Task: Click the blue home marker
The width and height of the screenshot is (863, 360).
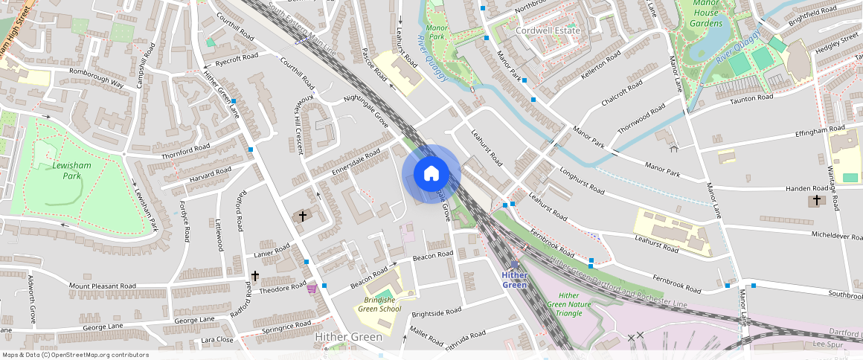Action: click(x=431, y=174)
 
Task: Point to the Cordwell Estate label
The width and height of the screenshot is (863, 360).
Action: click(x=548, y=30)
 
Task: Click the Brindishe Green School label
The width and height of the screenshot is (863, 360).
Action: click(x=379, y=305)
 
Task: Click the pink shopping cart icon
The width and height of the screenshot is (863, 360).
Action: click(x=312, y=288)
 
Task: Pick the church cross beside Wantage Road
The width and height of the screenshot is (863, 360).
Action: click(x=816, y=201)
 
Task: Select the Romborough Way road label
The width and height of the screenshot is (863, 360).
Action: click(x=96, y=77)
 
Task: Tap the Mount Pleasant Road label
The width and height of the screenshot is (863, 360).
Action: click(x=103, y=286)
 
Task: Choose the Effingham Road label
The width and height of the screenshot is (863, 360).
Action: click(x=799, y=131)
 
